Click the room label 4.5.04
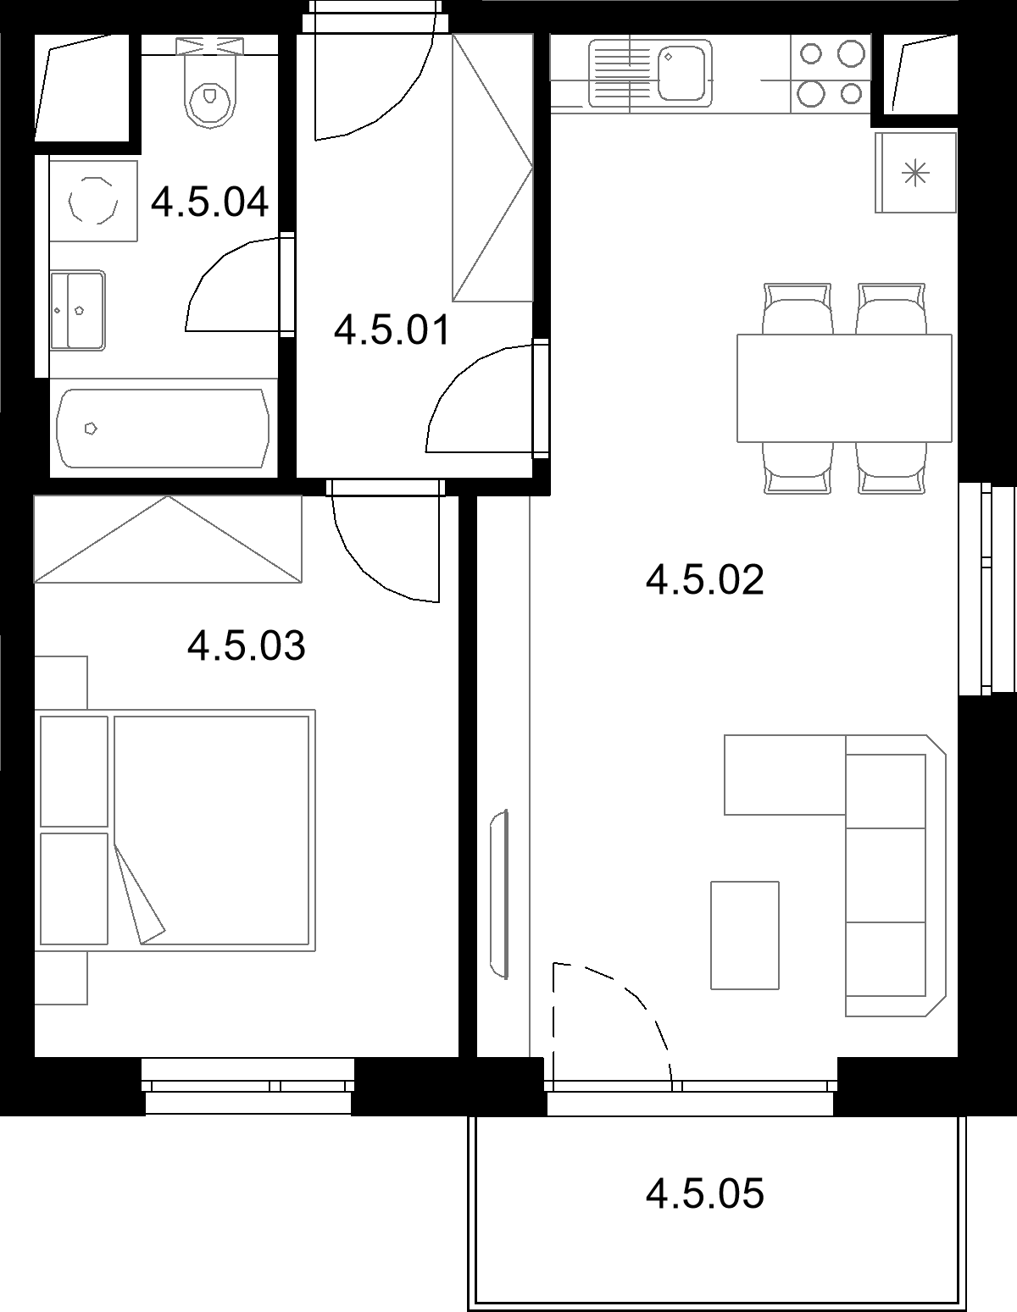tap(209, 202)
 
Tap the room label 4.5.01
tap(392, 330)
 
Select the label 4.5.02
tap(705, 579)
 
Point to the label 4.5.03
tap(247, 645)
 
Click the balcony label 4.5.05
tap(705, 1193)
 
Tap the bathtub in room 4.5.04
tap(163, 428)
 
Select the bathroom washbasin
tap(77, 310)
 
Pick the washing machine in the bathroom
tap(93, 201)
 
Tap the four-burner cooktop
tap(831, 74)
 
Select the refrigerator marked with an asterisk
tap(915, 173)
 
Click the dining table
tap(844, 388)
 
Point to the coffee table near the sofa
tap(745, 935)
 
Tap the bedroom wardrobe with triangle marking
tap(168, 540)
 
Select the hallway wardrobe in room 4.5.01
tap(492, 167)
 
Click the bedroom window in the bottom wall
tap(247, 1085)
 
